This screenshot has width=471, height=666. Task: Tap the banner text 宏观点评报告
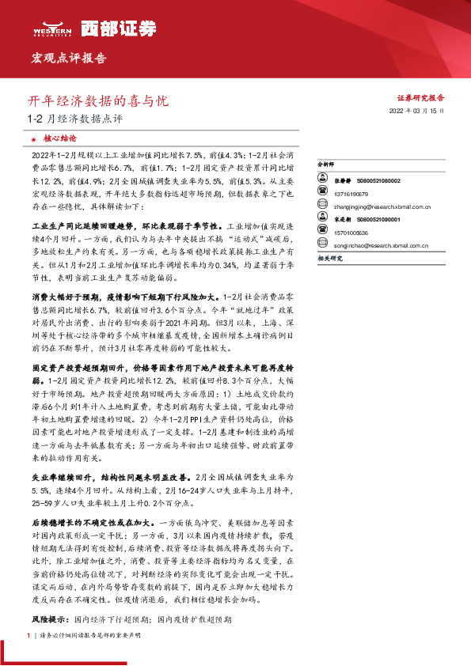point(68,59)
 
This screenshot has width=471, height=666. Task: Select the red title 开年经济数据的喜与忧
point(98,101)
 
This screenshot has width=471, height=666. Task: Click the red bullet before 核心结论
point(35,138)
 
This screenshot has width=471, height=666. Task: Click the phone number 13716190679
point(350,192)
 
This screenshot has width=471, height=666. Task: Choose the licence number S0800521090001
point(374,219)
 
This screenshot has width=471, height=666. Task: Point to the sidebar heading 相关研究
point(329,258)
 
